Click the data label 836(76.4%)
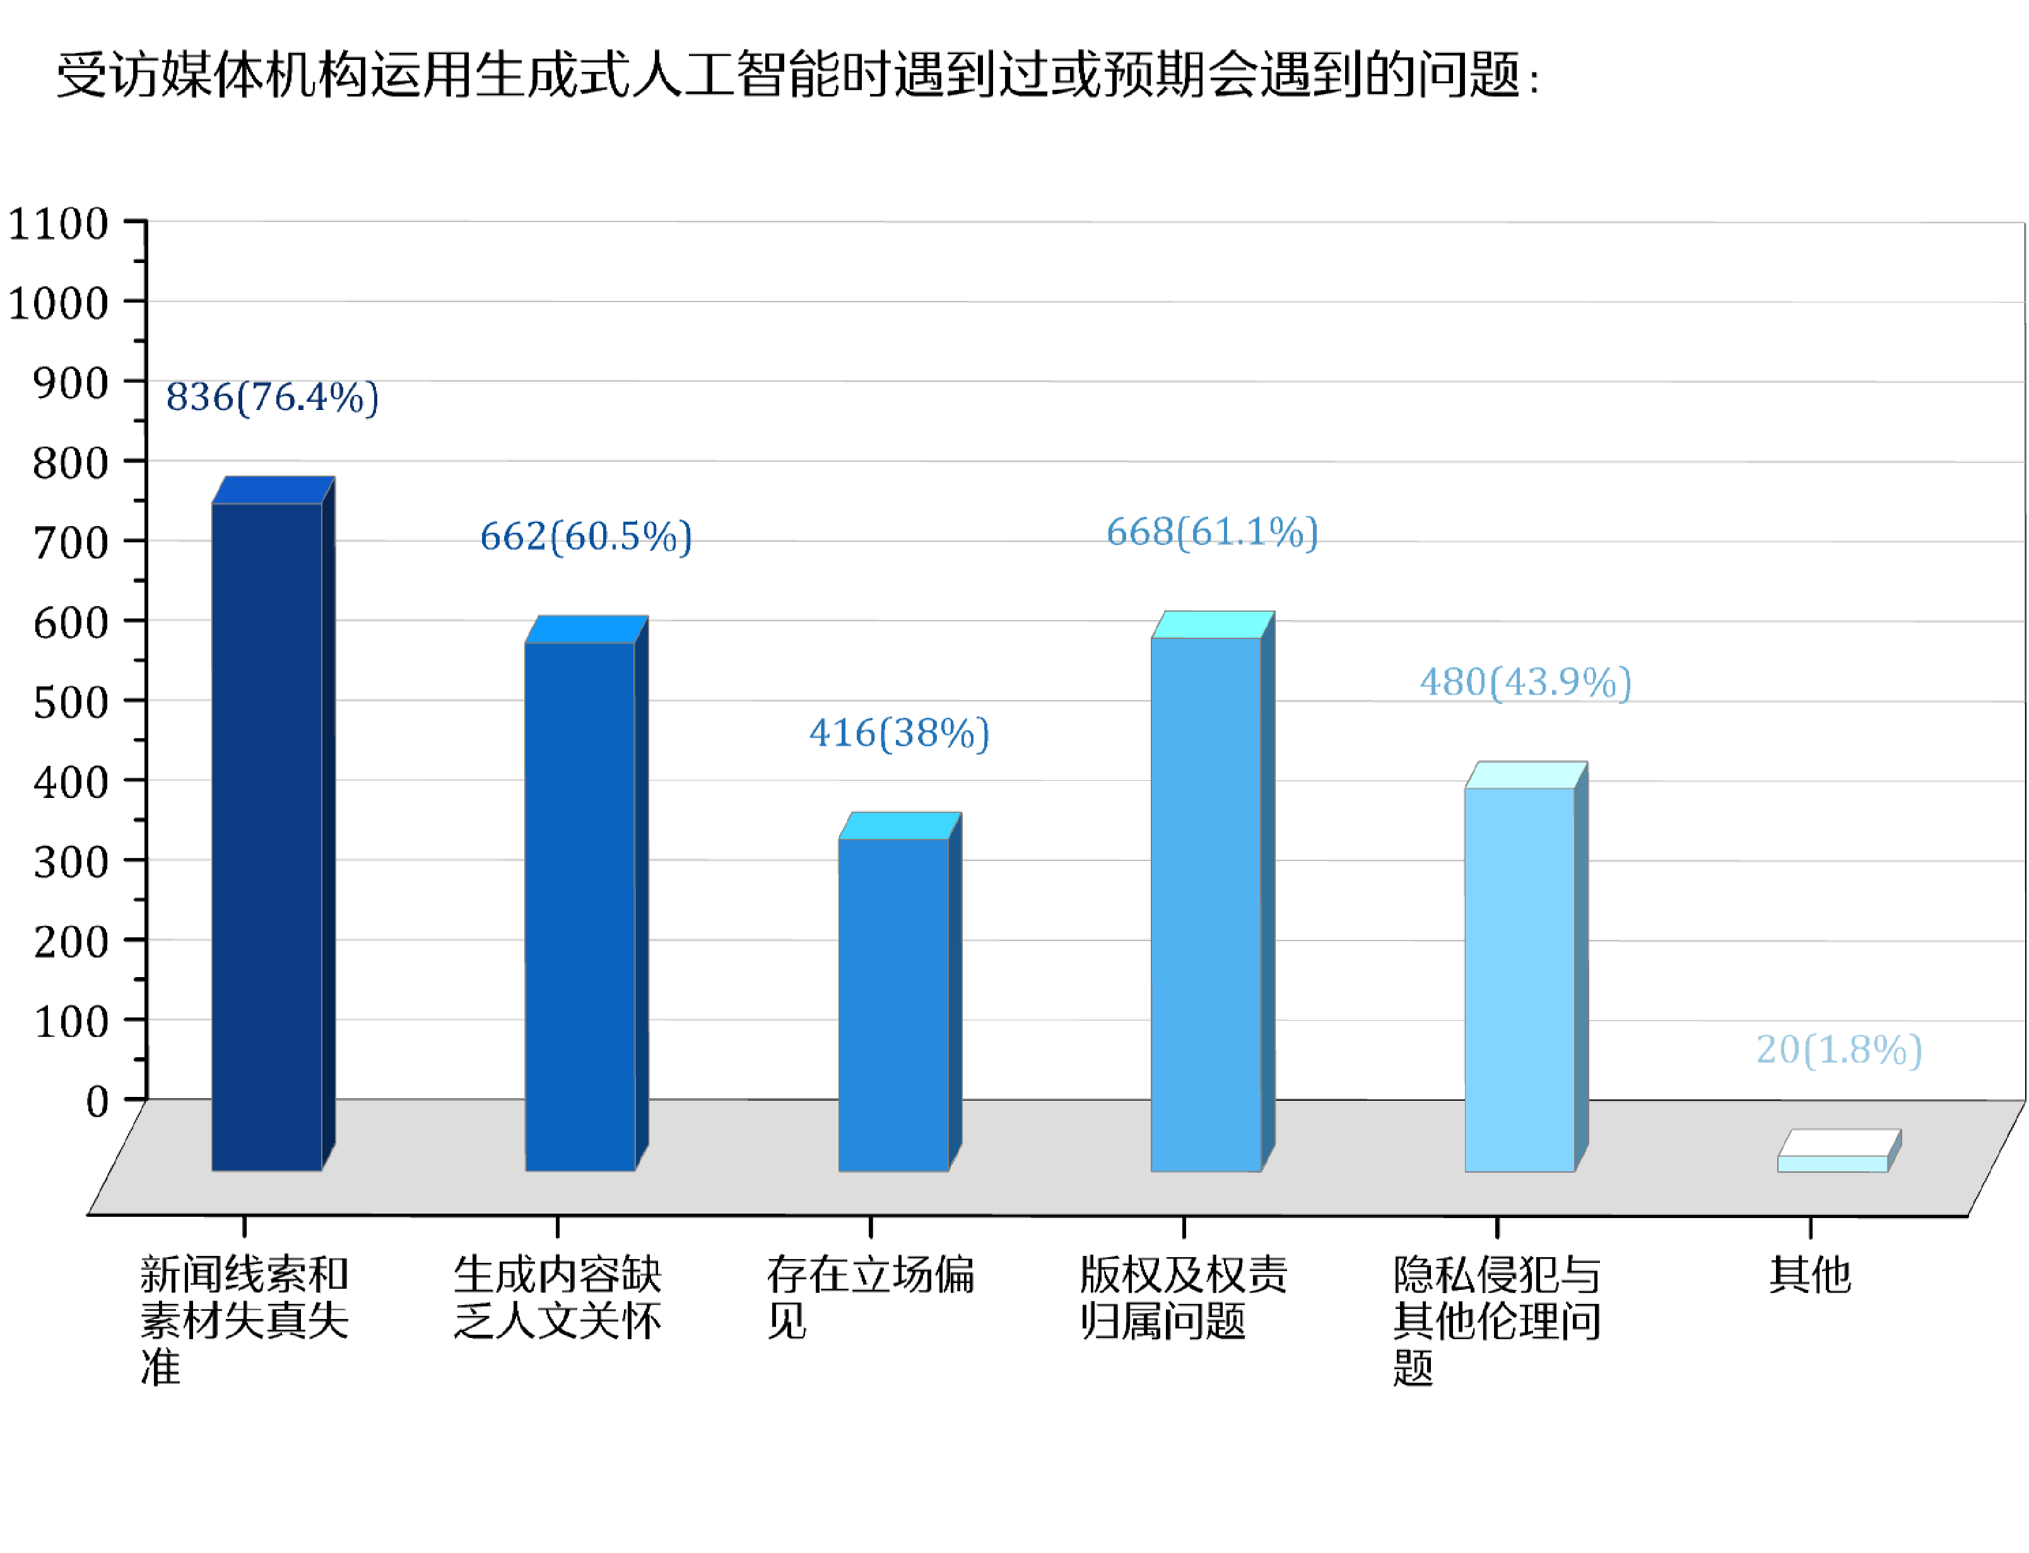tap(272, 397)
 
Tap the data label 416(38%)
tap(898, 733)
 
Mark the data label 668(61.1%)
tap(1212, 532)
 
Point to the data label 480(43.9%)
tap(1525, 683)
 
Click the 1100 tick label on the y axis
tap(58, 224)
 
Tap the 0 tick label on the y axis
tap(97, 1101)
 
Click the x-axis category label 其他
tap(1809, 1275)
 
